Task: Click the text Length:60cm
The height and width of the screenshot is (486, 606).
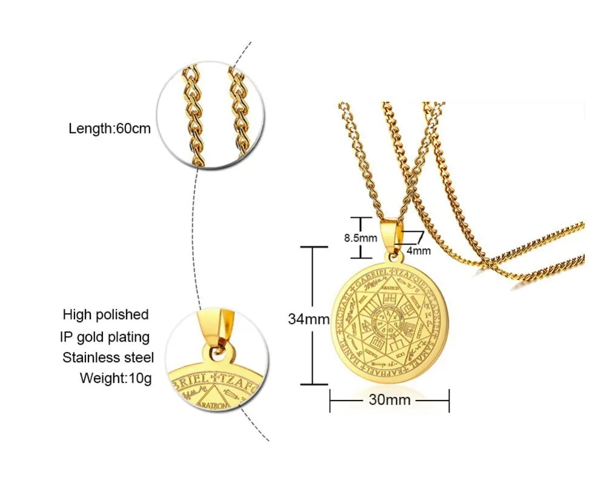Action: tap(109, 129)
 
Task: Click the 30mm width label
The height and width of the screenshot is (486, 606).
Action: tap(389, 400)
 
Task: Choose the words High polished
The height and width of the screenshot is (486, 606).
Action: tap(105, 314)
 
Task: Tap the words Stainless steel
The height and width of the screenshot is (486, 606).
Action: tap(108, 357)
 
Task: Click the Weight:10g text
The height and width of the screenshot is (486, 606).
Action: tap(116, 379)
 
